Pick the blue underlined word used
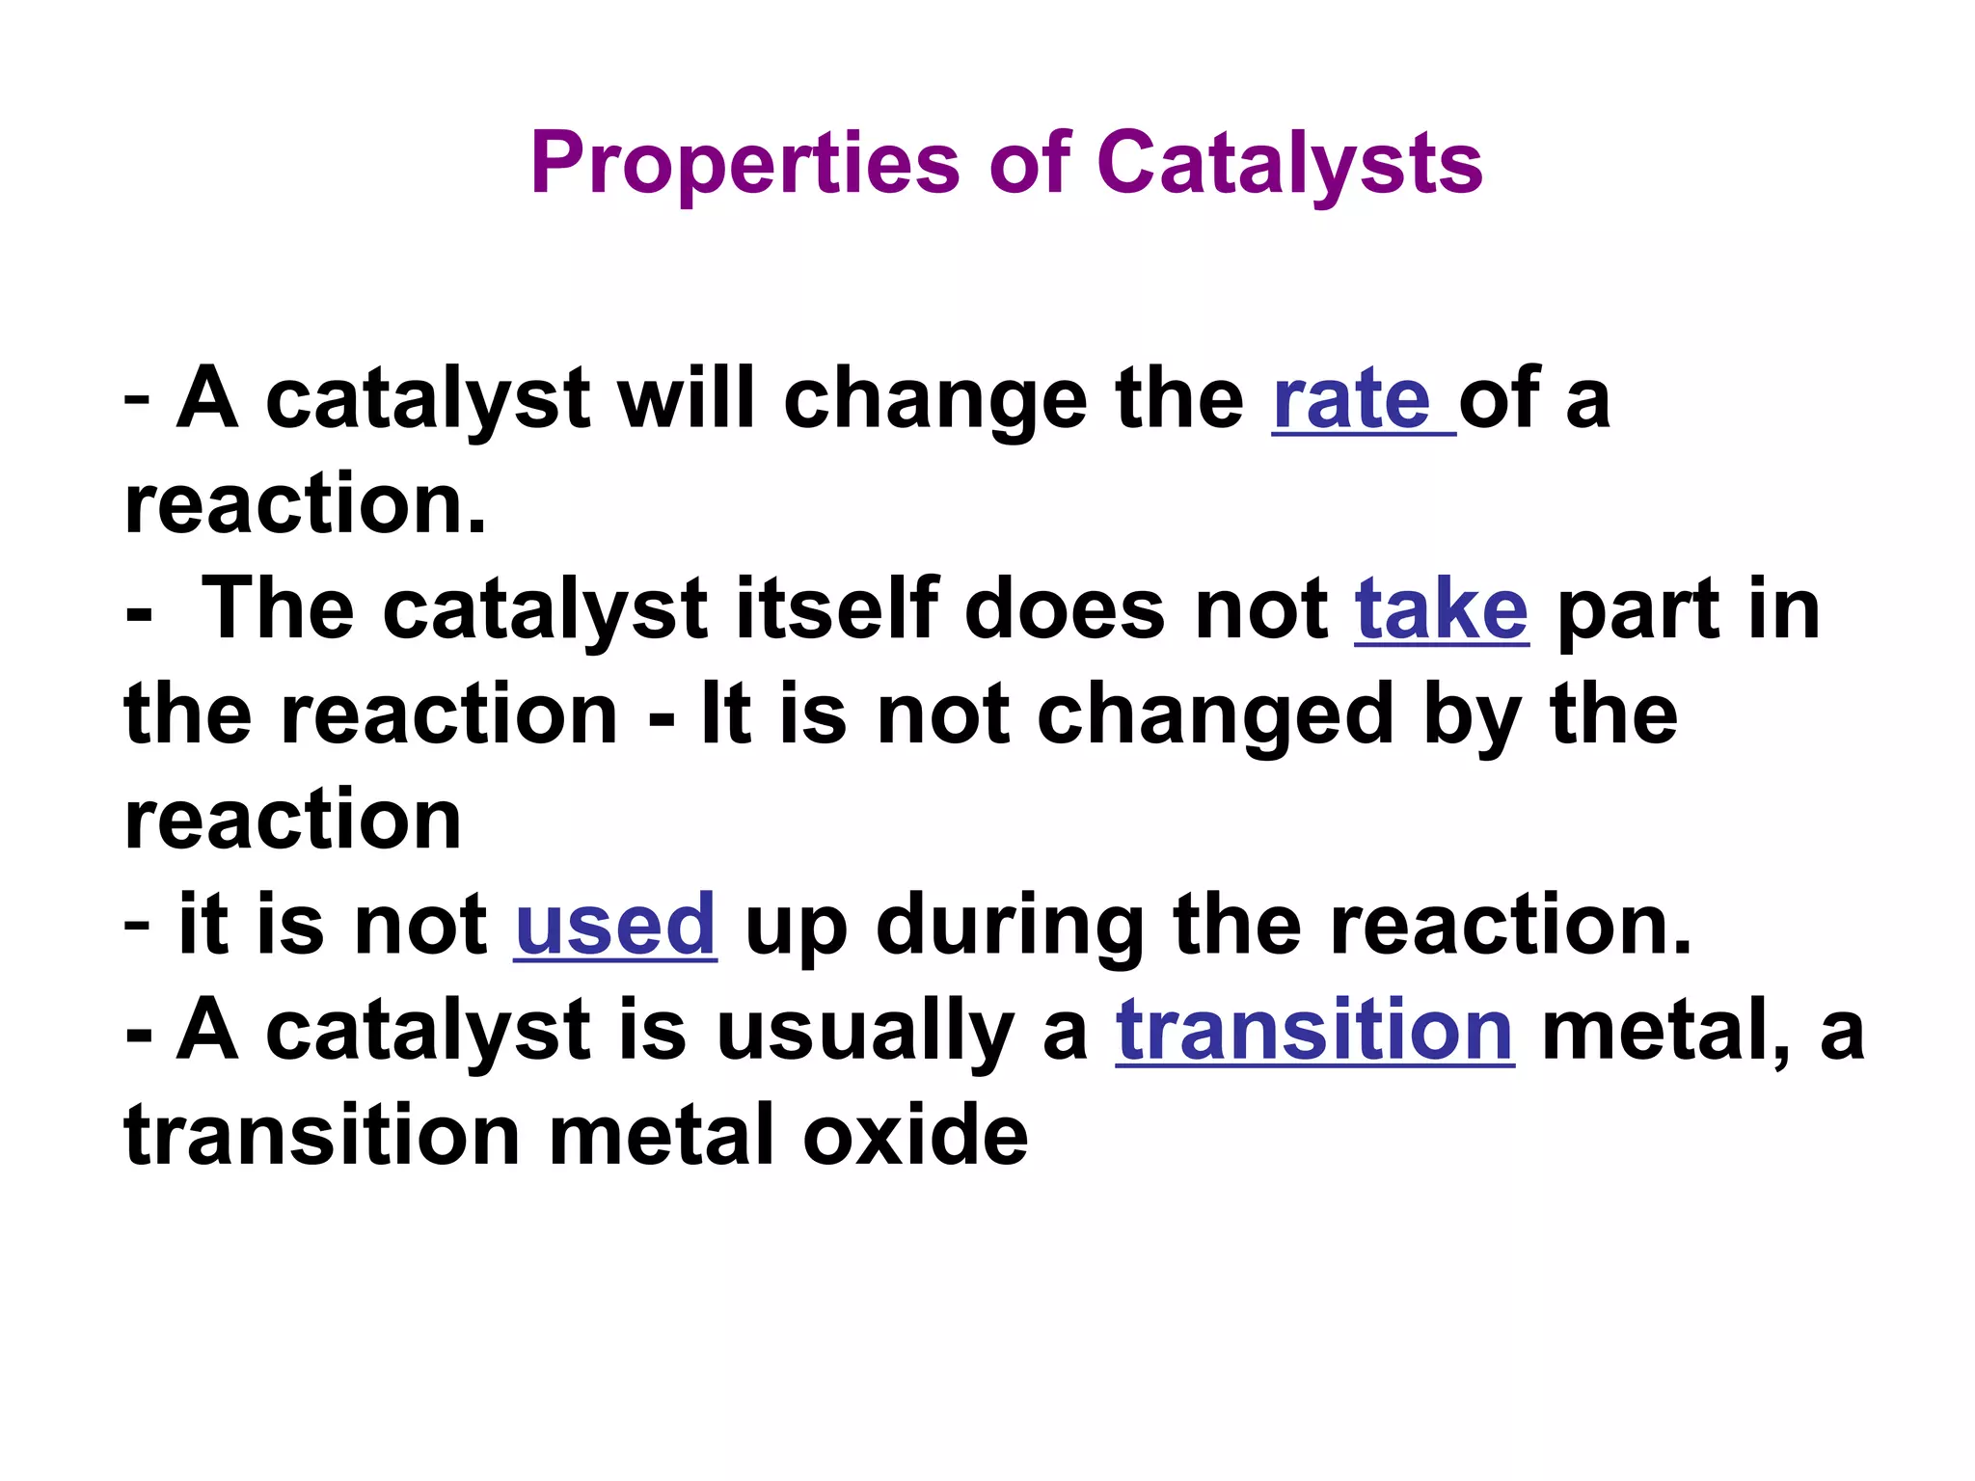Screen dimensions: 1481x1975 pos(615,925)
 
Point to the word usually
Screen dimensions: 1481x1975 pos(865,1033)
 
